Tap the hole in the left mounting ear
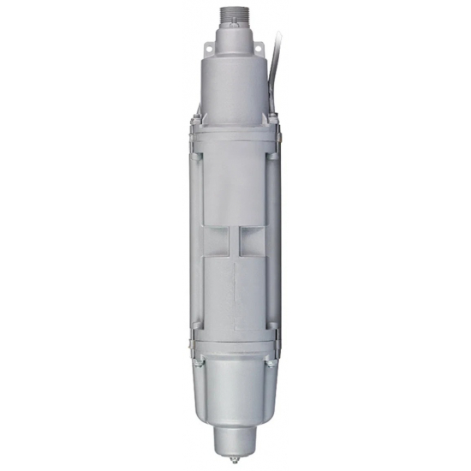click(x=212, y=43)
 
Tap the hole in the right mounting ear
click(x=258, y=43)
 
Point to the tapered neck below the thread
click(x=234, y=39)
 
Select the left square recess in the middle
click(x=218, y=241)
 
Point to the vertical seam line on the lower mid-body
click(x=234, y=291)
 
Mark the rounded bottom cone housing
click(x=234, y=394)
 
